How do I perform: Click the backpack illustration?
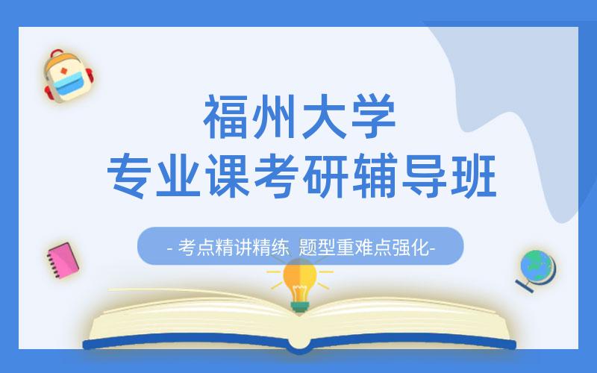(66, 77)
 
